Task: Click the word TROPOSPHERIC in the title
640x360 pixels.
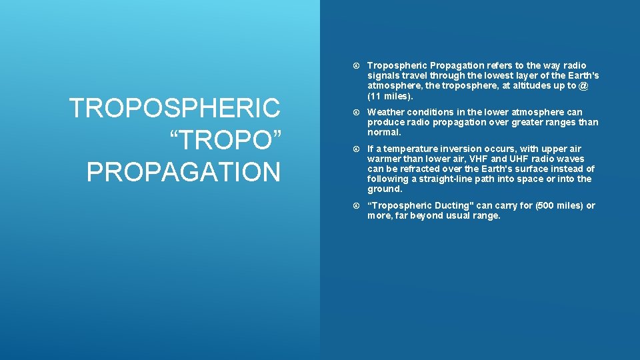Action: click(175, 108)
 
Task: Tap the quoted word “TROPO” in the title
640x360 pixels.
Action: click(227, 140)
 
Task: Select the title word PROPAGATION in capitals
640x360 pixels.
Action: click(183, 172)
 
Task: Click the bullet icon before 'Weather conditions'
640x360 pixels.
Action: click(356, 112)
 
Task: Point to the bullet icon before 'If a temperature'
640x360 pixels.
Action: click(356, 149)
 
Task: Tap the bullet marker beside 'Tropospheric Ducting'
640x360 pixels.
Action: click(356, 205)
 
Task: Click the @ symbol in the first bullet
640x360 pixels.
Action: click(583, 85)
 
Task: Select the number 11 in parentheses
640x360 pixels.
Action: click(376, 95)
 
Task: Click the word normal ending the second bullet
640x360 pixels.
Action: click(383, 132)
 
